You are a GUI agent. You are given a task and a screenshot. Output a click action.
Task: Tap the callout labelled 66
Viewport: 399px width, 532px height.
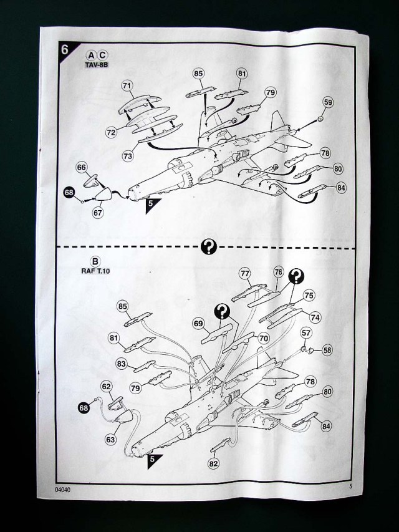point(82,168)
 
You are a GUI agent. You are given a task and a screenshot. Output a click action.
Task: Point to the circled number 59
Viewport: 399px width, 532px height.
point(328,102)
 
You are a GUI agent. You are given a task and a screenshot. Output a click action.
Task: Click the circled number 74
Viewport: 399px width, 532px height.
point(315,317)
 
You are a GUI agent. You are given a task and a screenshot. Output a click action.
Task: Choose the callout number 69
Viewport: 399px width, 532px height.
point(199,324)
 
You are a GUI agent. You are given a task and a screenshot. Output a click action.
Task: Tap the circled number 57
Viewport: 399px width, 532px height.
point(306,334)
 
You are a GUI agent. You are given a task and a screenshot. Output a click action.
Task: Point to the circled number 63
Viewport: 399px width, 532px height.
point(110,439)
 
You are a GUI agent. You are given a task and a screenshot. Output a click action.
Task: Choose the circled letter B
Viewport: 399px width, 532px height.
point(96,261)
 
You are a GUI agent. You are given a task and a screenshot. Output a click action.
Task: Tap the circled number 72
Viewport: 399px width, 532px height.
point(111,132)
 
